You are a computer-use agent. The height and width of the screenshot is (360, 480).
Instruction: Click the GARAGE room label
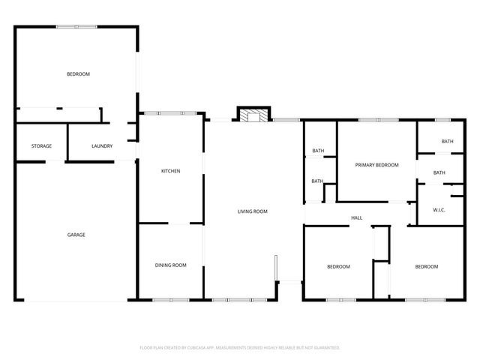(76, 235)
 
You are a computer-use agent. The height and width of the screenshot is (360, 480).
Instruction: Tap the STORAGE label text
(41, 145)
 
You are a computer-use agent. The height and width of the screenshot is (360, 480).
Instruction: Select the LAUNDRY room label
(102, 145)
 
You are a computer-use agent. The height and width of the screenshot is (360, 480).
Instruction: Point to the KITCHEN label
(171, 172)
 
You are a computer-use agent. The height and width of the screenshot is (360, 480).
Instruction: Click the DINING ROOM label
(170, 265)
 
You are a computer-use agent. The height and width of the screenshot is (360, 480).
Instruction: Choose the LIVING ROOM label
(253, 211)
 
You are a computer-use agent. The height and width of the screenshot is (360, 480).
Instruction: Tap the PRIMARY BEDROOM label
(376, 165)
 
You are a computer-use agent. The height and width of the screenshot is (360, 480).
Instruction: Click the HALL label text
(357, 218)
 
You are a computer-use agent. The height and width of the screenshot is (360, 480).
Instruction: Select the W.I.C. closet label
(439, 210)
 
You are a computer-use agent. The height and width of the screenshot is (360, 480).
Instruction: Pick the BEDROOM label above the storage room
(78, 73)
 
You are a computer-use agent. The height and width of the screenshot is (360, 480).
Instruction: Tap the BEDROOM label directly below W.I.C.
(427, 266)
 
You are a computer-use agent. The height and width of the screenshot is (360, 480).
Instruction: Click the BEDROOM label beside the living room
(338, 266)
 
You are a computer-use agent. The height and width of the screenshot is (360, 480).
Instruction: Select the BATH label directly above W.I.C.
(439, 172)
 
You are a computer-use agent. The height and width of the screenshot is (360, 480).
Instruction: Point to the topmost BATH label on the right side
(447, 141)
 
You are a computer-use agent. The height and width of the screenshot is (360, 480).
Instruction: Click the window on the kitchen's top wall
(171, 113)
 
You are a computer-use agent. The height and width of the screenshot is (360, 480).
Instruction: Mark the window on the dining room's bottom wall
(171, 300)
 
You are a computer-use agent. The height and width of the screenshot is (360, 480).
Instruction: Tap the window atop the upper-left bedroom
(76, 27)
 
